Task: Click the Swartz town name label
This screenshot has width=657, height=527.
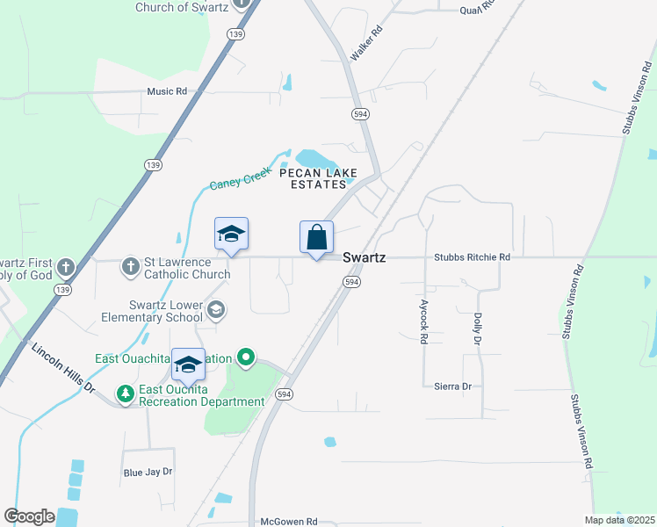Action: click(364, 257)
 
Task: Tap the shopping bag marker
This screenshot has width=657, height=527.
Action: click(316, 237)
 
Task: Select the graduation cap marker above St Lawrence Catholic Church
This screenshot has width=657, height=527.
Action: click(231, 235)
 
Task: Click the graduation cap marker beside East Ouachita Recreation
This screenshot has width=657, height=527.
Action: click(188, 365)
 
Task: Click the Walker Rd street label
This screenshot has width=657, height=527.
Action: click(367, 43)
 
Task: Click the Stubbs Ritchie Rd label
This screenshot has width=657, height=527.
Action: click(472, 257)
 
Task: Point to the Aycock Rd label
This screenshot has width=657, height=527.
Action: click(423, 321)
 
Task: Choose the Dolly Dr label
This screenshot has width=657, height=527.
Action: click(478, 328)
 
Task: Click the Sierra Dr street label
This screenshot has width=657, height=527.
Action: click(453, 386)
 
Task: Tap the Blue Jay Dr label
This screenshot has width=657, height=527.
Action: click(148, 472)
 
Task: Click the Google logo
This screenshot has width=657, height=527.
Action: click(29, 516)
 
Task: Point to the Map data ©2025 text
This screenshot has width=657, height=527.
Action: click(618, 521)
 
